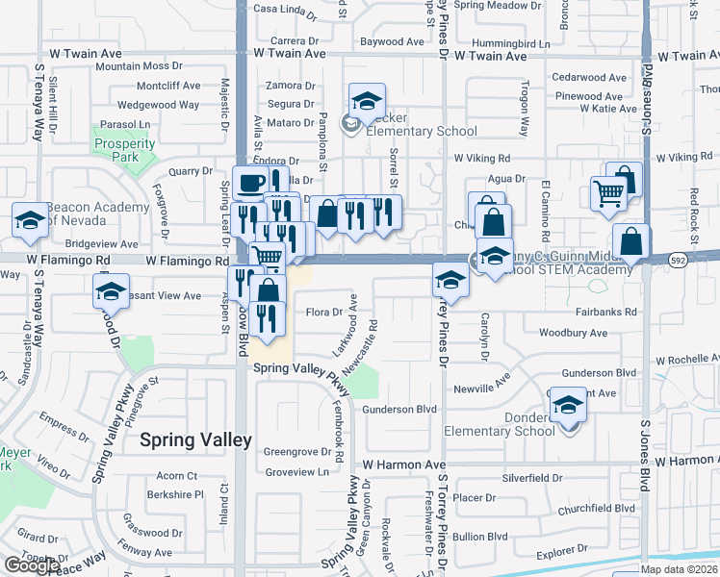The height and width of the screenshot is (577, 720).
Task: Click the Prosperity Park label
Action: click(x=124, y=151)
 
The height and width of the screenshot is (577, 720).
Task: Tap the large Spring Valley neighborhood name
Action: click(x=195, y=440)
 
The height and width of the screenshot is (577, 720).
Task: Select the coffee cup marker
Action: click(x=252, y=183)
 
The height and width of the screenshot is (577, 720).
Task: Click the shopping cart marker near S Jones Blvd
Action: click(x=607, y=193)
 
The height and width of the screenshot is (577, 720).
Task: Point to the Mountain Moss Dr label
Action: click(x=138, y=66)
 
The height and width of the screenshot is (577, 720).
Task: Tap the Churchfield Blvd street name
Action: click(x=596, y=509)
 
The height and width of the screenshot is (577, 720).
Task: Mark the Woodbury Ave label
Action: click(x=573, y=333)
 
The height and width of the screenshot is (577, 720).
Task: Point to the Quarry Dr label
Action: click(x=189, y=171)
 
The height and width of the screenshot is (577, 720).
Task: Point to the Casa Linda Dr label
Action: click(x=285, y=11)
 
